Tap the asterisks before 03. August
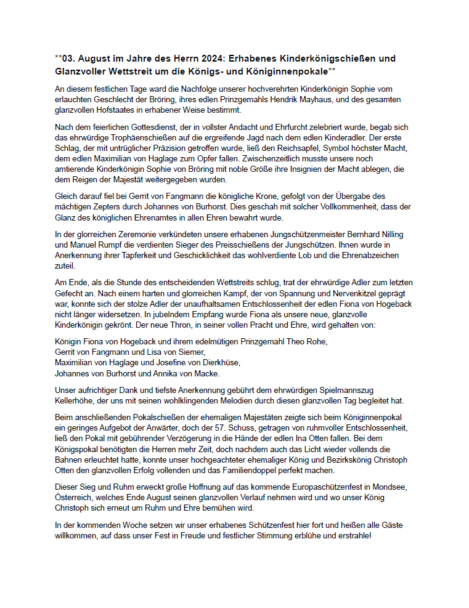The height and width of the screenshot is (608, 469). click(x=59, y=58)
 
